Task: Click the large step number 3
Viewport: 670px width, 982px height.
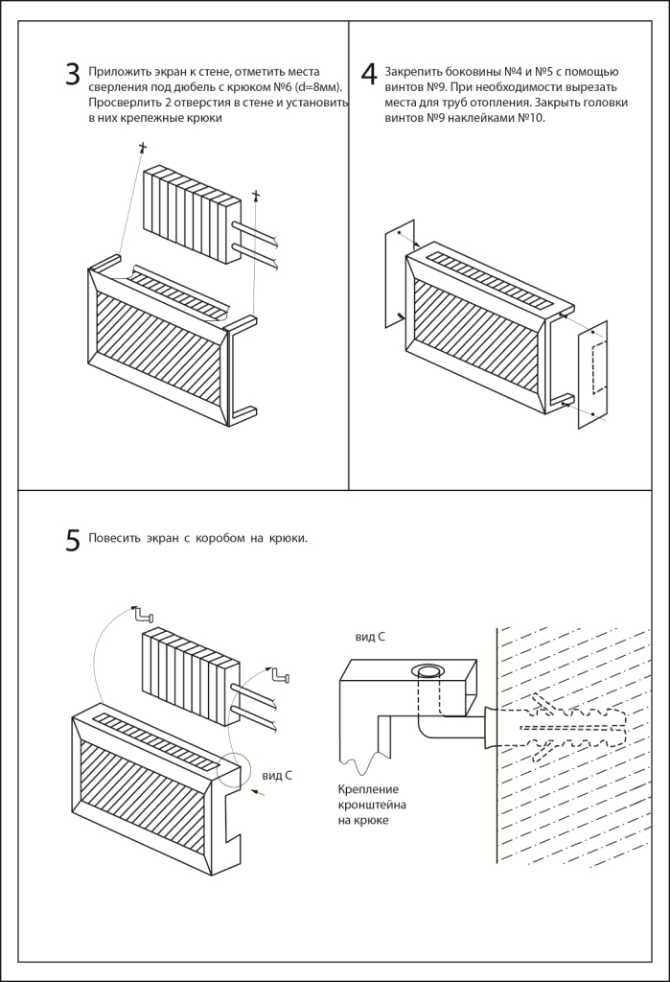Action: [x=73, y=76]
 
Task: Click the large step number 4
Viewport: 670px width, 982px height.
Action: [x=369, y=76]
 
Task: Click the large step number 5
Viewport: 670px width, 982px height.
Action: [x=73, y=541]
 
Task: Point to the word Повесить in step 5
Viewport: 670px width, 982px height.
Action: [x=112, y=538]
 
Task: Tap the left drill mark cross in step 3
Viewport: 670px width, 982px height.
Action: [x=143, y=148]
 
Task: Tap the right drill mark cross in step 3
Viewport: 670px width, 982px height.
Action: [x=256, y=197]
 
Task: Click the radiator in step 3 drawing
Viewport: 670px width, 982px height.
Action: [x=191, y=214]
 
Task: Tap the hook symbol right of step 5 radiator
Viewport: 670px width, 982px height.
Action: [x=279, y=676]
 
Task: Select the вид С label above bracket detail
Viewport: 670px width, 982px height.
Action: [x=370, y=637]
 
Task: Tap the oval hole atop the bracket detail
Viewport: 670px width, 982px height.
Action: [x=425, y=670]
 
